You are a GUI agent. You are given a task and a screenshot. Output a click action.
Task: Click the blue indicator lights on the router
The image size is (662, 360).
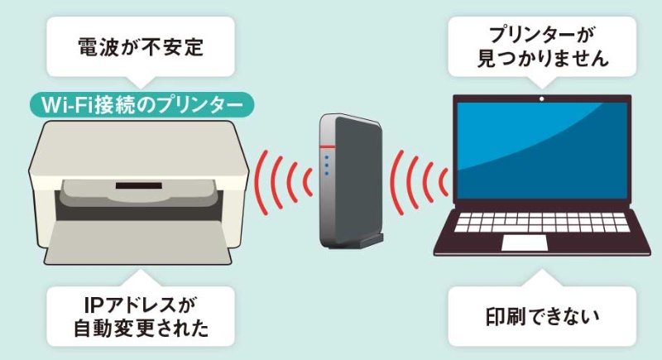click(x=328, y=165)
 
